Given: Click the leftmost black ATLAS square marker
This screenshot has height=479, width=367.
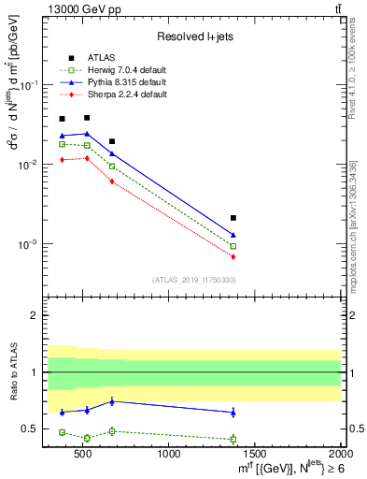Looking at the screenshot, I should [x=62, y=119].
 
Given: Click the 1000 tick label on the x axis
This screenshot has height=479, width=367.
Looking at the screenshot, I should [x=170, y=454].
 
